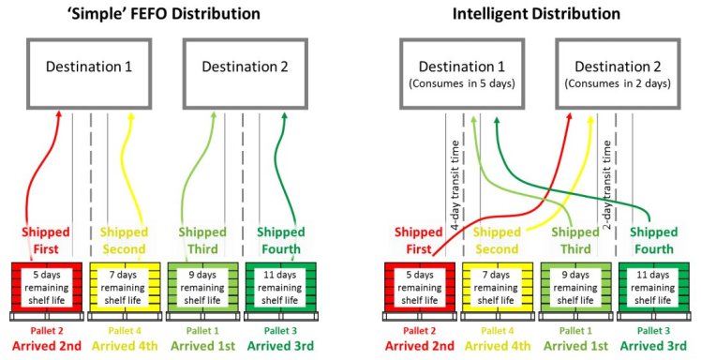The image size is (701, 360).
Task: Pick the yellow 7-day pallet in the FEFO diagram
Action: point(124,288)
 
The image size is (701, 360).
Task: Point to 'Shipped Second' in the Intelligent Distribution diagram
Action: point(499,241)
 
